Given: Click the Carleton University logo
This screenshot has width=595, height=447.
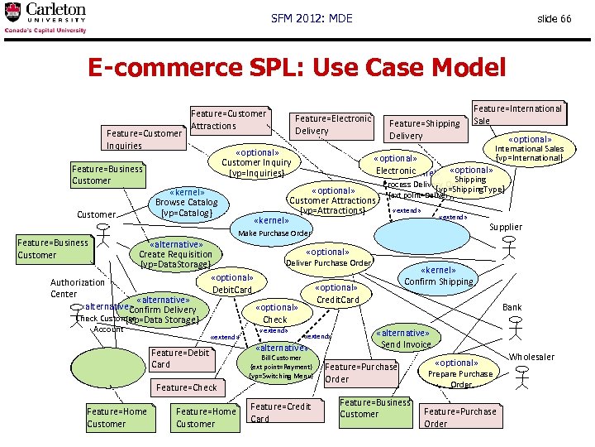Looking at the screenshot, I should pyautogui.click(x=45, y=17).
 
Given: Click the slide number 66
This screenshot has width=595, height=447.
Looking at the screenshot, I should pyautogui.click(x=554, y=18).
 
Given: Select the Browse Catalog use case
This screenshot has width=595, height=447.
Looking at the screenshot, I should pyautogui.click(x=187, y=202).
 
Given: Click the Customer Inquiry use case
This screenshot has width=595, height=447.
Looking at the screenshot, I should pyautogui.click(x=256, y=162).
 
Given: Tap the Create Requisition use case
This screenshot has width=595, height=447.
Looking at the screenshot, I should pyautogui.click(x=176, y=254).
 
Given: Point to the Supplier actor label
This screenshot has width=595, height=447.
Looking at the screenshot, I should pyautogui.click(x=506, y=227).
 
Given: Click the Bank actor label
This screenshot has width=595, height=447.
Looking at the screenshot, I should pyautogui.click(x=512, y=307).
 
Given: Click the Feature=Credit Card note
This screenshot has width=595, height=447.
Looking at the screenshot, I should pyautogui.click(x=280, y=412).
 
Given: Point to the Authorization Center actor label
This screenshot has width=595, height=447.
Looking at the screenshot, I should pyautogui.click(x=78, y=288).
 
